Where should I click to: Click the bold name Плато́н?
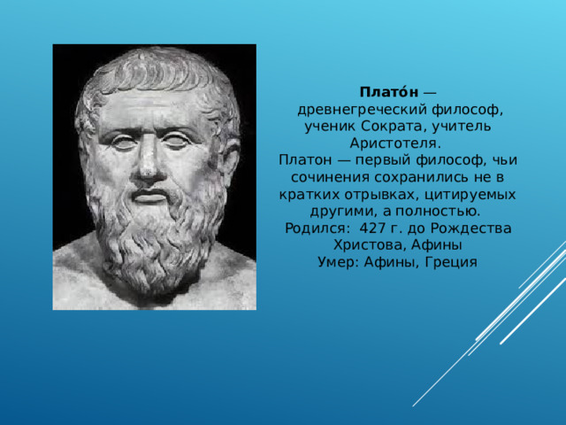(389, 92)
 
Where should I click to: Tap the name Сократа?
(394, 127)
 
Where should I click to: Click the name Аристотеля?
(395, 143)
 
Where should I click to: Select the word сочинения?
(330, 177)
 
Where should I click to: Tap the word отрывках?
(381, 195)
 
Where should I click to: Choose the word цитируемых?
(470, 195)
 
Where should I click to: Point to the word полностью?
(438, 212)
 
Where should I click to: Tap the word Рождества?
(470, 228)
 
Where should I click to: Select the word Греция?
(451, 262)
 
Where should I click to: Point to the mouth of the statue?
(149, 196)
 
